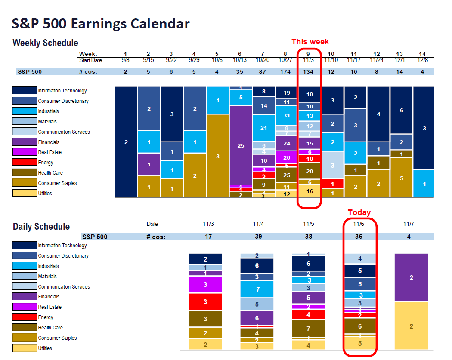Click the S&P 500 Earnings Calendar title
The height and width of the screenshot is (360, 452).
point(101,24)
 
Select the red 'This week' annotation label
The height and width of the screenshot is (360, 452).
point(310,42)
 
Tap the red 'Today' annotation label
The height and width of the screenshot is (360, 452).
point(359,212)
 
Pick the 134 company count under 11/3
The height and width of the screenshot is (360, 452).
point(310,71)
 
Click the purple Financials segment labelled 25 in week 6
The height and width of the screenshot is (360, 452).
point(241,145)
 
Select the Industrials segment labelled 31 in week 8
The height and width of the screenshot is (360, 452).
point(286,115)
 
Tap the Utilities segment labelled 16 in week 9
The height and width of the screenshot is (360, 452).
point(310,191)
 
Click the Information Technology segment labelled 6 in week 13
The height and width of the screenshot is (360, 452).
point(401,110)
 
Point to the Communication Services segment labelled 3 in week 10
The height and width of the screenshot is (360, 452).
point(333,165)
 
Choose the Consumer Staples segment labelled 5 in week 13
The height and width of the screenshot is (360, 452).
point(401,178)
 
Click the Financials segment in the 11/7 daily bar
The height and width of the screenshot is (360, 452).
point(411,278)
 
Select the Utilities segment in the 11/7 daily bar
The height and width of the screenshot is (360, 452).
point(411,326)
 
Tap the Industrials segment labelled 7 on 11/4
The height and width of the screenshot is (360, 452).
point(257,289)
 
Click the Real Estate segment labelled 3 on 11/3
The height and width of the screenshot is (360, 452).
point(205,285)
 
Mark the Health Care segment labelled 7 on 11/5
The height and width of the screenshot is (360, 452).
point(308,329)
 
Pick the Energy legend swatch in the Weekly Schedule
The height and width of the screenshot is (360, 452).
point(25,163)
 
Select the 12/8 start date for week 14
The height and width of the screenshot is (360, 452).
point(422,60)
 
